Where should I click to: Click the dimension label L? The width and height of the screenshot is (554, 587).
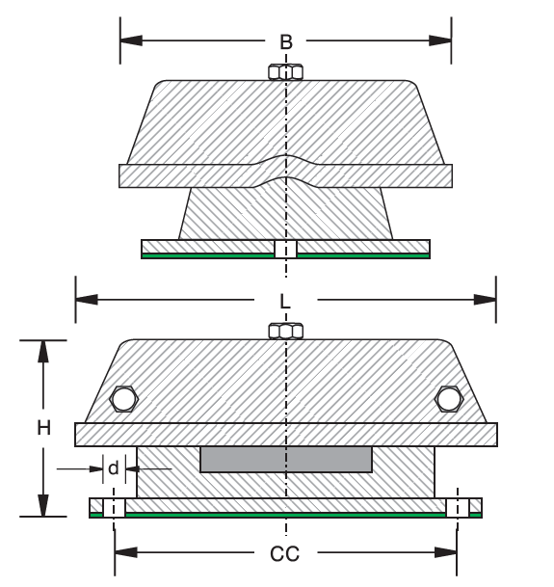286,301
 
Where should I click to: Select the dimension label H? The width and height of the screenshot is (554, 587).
43,429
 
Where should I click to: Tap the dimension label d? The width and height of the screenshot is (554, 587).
114,469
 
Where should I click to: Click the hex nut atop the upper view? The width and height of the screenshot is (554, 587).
285,72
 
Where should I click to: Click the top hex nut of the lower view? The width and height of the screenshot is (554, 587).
286,330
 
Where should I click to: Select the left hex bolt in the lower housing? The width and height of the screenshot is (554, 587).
123,399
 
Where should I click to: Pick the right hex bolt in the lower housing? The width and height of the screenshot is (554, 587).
448,399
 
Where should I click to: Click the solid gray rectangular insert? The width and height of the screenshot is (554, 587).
286,459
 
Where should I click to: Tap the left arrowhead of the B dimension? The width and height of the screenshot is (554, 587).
131,40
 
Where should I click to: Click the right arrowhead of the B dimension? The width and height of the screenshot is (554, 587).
440,40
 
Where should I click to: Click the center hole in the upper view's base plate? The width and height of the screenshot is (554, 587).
285,250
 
